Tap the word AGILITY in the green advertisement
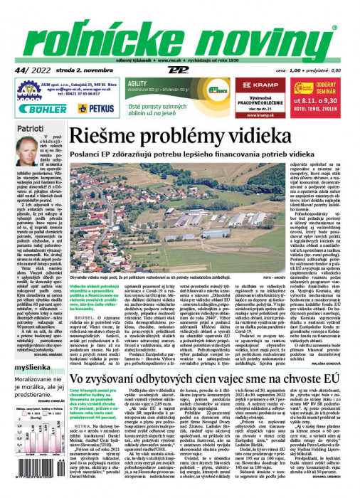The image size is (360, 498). [138, 84]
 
